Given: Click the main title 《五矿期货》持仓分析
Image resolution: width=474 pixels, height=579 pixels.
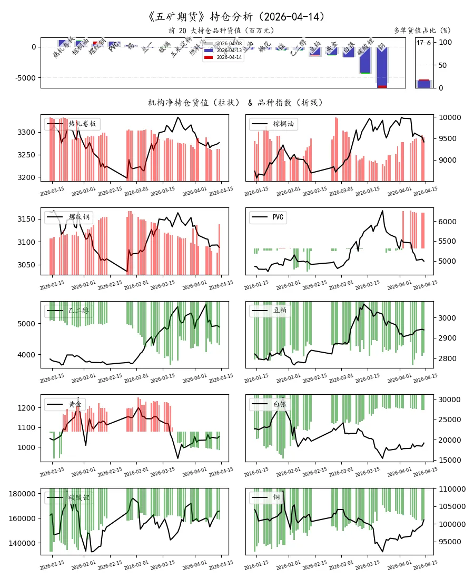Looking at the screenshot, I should [x=236, y=17].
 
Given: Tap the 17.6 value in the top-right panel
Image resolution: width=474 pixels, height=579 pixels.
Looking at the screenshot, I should [x=423, y=43].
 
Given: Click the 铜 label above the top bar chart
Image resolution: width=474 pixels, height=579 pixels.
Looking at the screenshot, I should [x=381, y=47].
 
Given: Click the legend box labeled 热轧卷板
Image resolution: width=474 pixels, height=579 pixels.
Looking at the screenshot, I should [x=72, y=124].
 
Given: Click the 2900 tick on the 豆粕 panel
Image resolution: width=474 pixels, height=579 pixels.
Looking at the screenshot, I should [x=447, y=338].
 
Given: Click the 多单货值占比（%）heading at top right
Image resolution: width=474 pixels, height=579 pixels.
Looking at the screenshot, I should [x=422, y=31].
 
